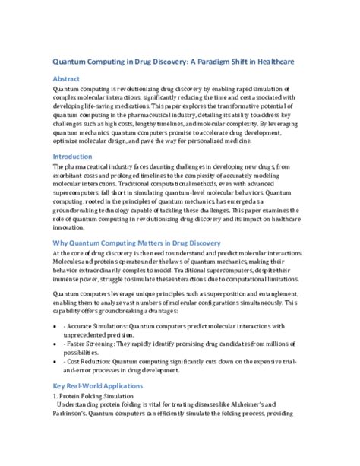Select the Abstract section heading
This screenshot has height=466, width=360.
[x=68, y=78]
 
